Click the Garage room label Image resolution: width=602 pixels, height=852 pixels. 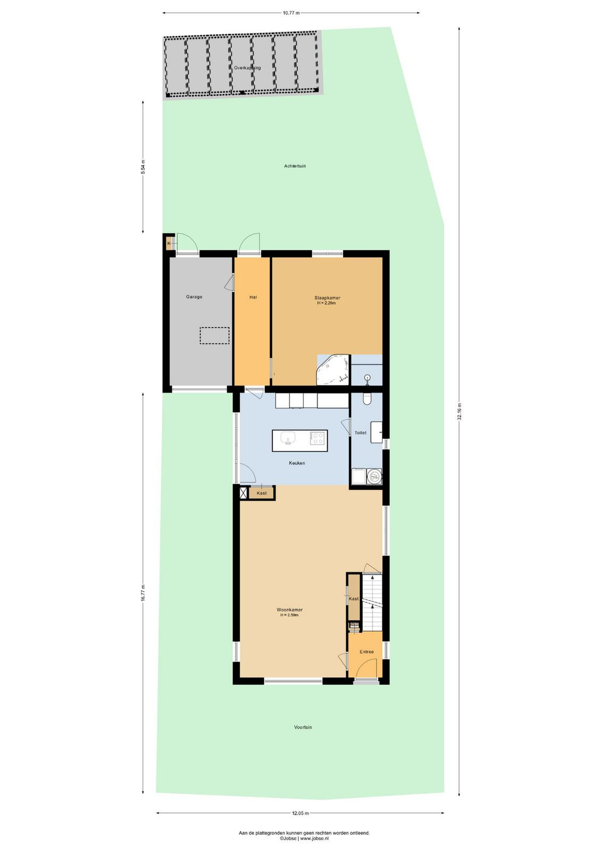(194, 297)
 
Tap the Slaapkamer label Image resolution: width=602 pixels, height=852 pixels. (327, 298)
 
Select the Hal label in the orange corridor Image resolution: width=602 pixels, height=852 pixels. (253, 297)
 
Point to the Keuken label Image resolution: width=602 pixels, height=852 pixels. (297, 463)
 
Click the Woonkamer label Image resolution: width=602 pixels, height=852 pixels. (289, 610)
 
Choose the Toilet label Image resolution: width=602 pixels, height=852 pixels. (361, 432)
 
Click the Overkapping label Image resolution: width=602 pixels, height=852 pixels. (247, 68)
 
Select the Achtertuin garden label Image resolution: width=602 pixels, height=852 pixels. (295, 166)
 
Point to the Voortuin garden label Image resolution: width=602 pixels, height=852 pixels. (303, 727)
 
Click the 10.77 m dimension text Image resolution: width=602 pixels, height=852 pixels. (291, 13)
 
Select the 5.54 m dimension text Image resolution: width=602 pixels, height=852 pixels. (143, 167)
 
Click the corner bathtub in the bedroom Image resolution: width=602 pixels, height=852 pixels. (332, 370)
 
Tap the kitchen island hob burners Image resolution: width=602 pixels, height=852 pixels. (317, 438)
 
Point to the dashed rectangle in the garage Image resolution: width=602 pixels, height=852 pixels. (215, 336)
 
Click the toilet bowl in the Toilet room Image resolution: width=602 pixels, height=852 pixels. (367, 399)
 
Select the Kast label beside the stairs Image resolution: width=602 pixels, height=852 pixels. (354, 599)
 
